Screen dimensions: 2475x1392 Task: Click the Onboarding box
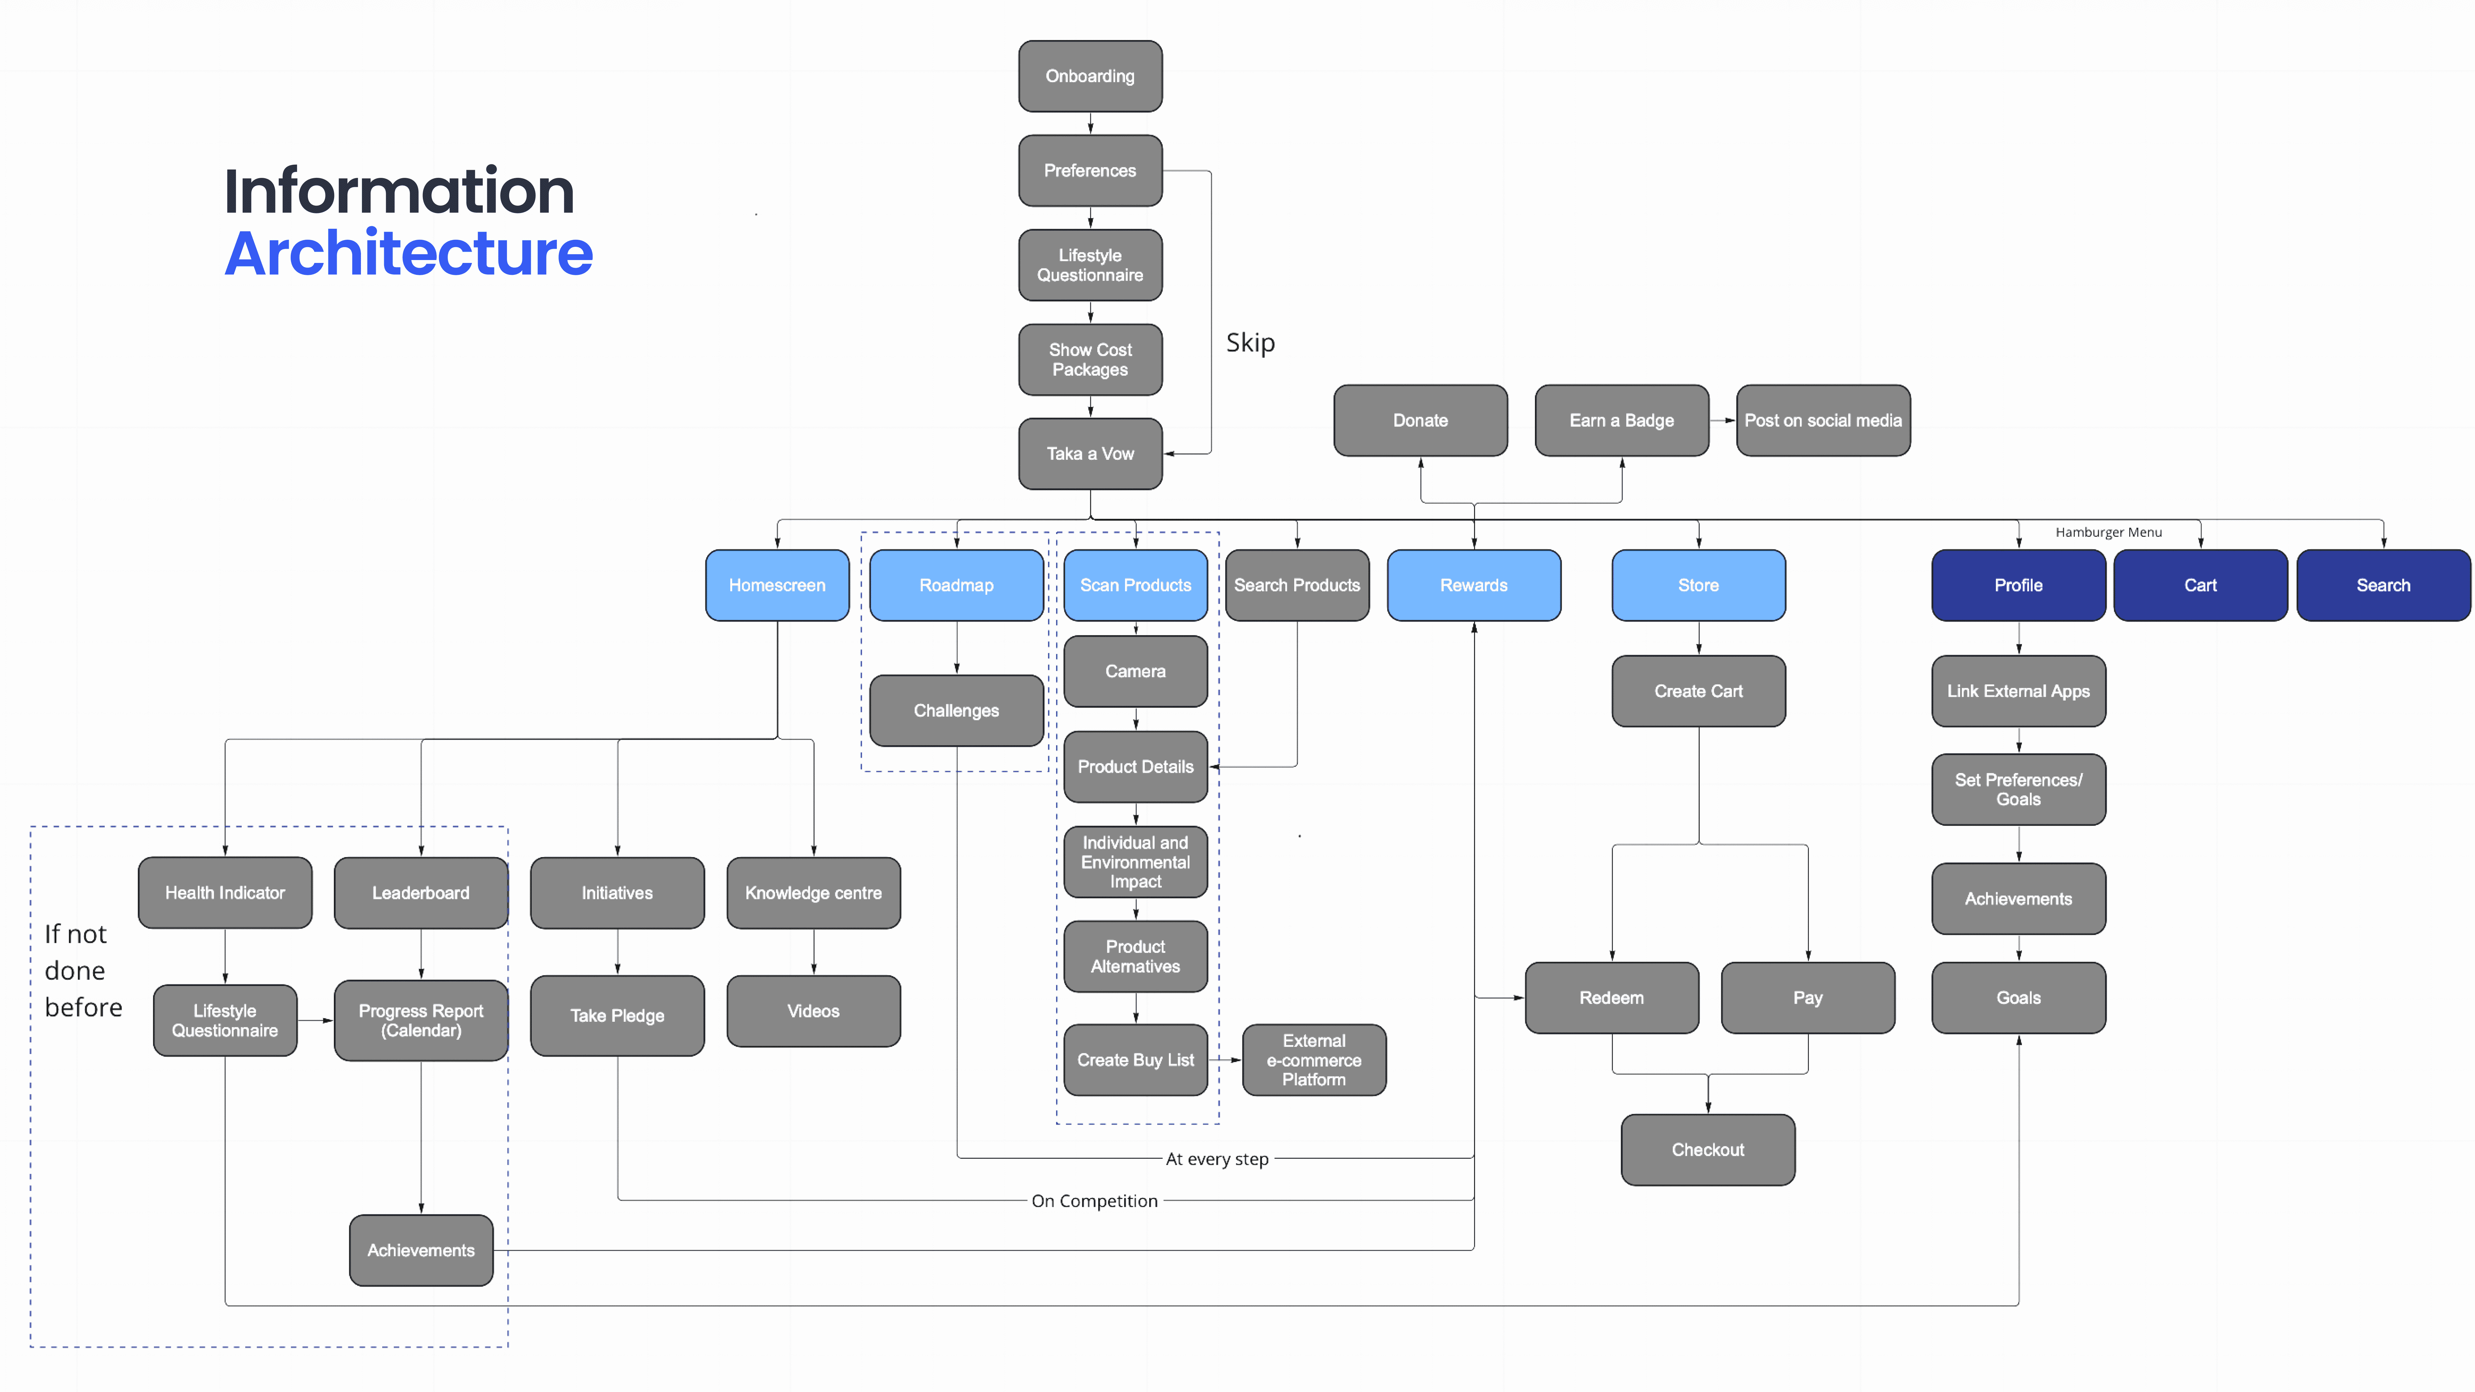[1091, 76]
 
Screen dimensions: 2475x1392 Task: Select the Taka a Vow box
[1091, 453]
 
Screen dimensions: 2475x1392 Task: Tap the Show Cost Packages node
[1091, 359]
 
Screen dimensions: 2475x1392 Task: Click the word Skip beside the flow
[1250, 343]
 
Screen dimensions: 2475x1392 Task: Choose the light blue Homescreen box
[777, 585]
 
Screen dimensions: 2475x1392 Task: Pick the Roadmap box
[956, 585]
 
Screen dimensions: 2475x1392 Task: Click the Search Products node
[1297, 585]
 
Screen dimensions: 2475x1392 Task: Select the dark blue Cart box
[2200, 585]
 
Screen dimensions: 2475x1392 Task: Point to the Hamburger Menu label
[2109, 532]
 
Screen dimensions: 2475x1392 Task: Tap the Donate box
[1420, 420]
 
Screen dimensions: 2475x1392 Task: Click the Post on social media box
[1823, 420]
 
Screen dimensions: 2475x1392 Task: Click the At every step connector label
[1217, 1160]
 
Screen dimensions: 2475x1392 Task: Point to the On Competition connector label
[1094, 1201]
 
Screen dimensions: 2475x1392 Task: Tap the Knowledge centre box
[813, 893]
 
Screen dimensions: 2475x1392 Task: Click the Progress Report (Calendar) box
[421, 1020]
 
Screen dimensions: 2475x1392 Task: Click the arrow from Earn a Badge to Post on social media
[1723, 420]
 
